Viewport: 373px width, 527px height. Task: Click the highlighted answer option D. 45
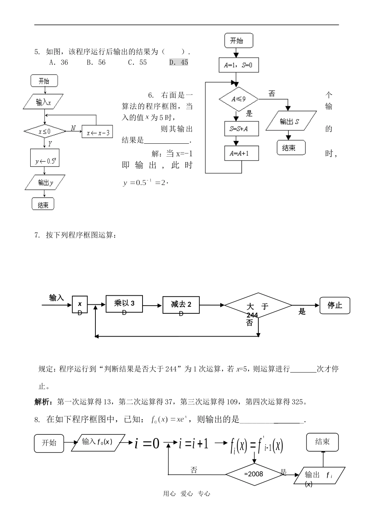[179, 62]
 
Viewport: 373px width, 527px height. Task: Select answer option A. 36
[59, 62]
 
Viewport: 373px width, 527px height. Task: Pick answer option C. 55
[137, 62]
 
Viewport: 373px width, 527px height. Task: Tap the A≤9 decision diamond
[238, 99]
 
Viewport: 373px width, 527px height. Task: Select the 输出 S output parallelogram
[291, 121]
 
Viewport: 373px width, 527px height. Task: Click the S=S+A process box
[238, 128]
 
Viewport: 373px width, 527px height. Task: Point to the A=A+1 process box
[238, 153]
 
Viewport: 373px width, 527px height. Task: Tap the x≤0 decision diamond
[45, 131]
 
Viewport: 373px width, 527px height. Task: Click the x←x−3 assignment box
[97, 132]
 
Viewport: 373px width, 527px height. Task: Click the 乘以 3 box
[124, 304]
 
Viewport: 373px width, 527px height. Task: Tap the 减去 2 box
[181, 305]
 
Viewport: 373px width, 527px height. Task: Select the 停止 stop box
[335, 305]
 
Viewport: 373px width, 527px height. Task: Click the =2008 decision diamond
[253, 474]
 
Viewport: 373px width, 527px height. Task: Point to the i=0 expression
[147, 443]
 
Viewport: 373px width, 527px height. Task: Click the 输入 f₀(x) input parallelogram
[98, 442]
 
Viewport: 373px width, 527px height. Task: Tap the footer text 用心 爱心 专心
[186, 494]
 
